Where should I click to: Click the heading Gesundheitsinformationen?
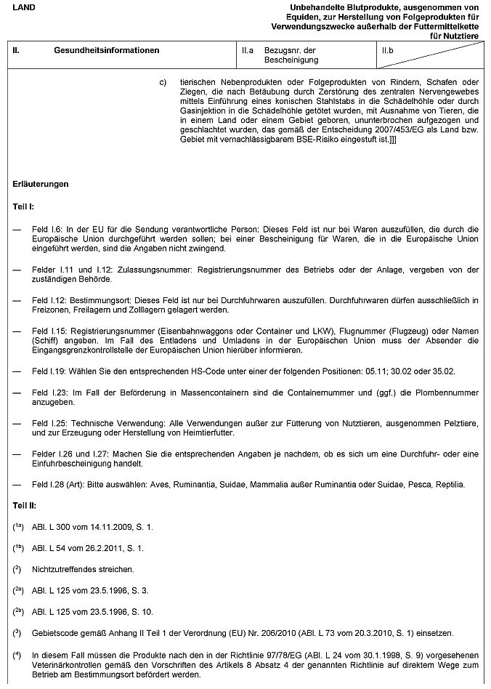point(106,51)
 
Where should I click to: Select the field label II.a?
point(247,51)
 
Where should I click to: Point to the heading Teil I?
point(24,207)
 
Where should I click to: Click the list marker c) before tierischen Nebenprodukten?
point(163,81)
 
